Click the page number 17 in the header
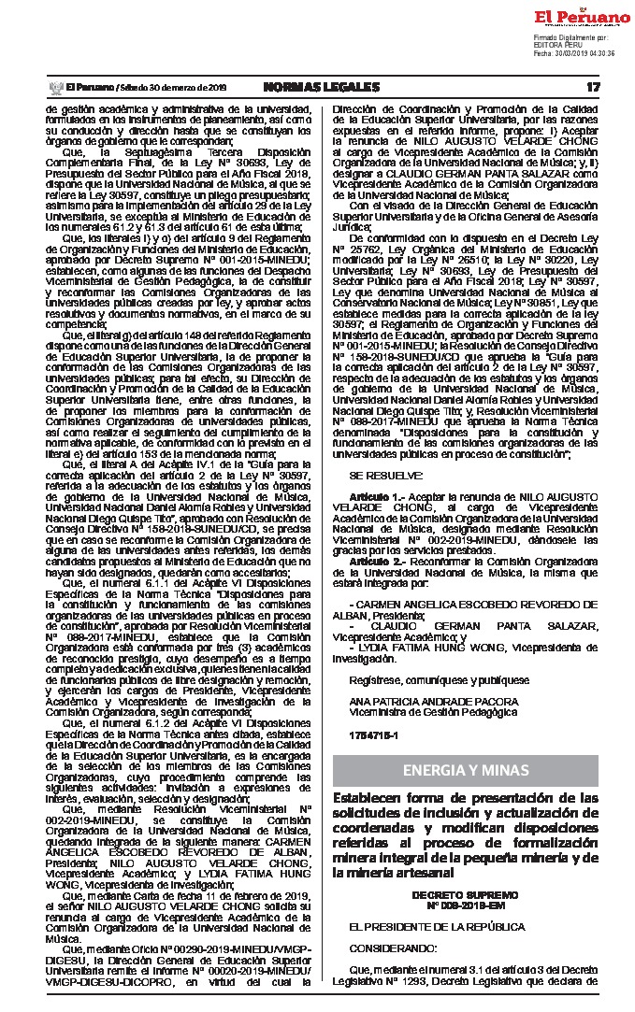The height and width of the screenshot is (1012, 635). click(x=591, y=87)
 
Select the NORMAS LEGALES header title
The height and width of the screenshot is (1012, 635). click(x=322, y=87)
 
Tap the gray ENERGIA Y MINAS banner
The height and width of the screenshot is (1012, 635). click(x=466, y=770)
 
